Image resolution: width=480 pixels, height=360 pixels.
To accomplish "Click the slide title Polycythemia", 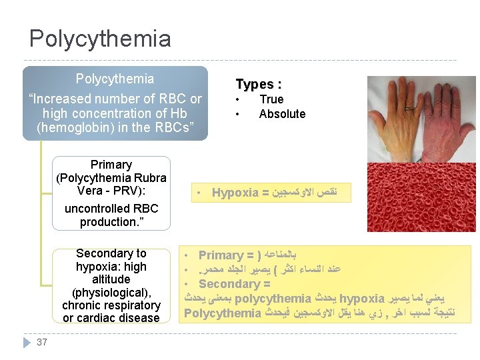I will click(x=100, y=39).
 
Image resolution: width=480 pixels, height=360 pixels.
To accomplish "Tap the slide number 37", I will click(x=42, y=342).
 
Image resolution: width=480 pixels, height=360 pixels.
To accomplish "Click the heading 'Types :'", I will click(x=259, y=84).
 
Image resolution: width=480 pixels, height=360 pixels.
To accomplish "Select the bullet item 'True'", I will click(x=271, y=99).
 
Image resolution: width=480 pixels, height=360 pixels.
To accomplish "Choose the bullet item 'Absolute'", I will click(x=282, y=114).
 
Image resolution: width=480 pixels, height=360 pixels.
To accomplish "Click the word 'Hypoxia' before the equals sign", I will click(x=235, y=193).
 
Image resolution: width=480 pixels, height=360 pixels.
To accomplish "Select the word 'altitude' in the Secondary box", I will click(x=111, y=279).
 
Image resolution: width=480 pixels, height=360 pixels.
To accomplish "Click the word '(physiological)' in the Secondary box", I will click(x=112, y=292).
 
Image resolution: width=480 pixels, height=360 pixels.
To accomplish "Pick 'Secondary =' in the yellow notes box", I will click(x=234, y=283).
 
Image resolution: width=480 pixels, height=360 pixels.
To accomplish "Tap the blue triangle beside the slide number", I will click(x=27, y=342).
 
